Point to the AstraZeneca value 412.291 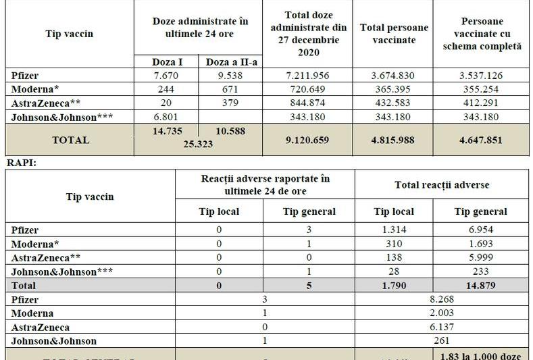[481, 103]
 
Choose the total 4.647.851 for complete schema [481, 140]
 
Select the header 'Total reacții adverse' [441, 184]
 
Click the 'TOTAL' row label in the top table [69, 140]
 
